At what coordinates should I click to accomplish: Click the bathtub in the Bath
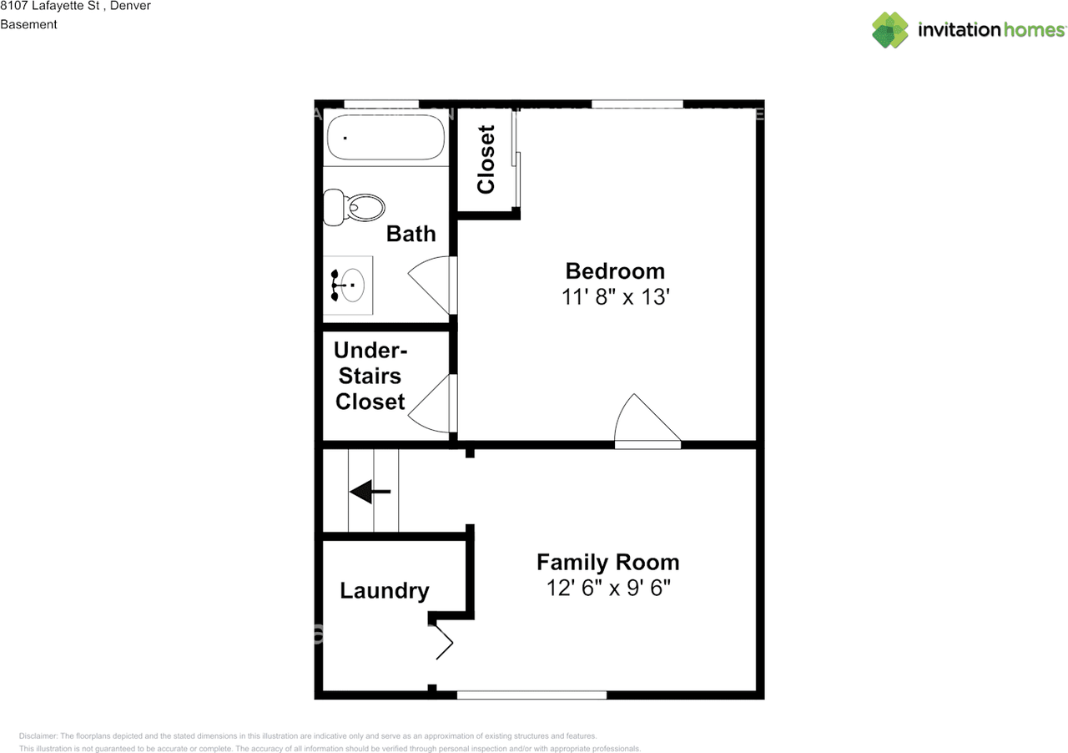385,138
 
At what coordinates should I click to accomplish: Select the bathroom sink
349,286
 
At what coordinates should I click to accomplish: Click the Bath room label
411,234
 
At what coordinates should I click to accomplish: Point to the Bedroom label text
615,270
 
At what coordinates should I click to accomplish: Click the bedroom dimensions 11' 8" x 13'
615,296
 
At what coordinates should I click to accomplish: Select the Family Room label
607,562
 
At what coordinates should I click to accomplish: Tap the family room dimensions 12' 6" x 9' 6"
607,588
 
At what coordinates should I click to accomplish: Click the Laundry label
385,591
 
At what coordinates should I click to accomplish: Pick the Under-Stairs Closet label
370,376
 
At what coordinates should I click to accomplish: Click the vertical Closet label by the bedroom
486,159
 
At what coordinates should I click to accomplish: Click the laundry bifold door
442,641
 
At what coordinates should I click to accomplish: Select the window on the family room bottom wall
531,695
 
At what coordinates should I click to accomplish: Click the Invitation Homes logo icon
890,30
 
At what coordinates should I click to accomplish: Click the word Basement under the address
28,24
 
